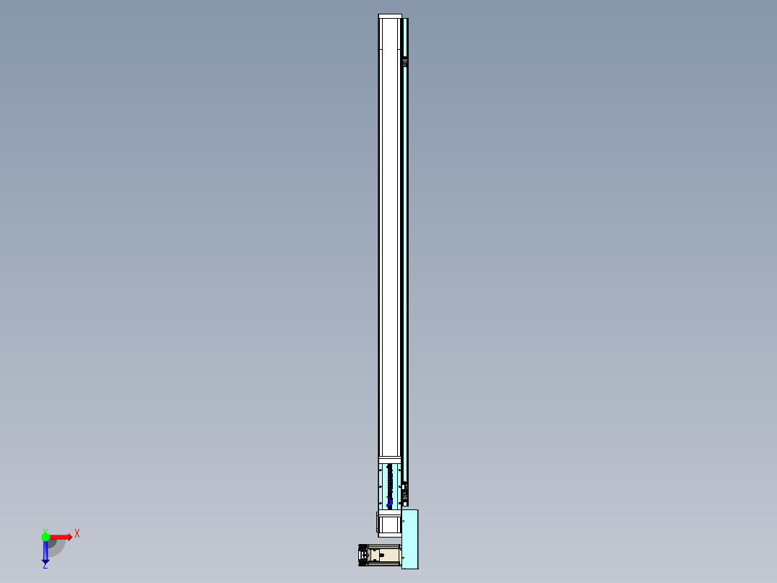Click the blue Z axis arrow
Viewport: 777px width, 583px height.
coord(45,552)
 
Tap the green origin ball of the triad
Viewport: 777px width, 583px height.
coord(45,537)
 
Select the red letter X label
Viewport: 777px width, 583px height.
coord(77,533)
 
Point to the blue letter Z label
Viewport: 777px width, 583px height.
coord(45,566)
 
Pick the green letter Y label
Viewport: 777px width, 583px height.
coord(45,530)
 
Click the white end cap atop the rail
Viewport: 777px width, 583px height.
coord(390,17)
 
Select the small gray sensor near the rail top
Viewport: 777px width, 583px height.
coord(405,62)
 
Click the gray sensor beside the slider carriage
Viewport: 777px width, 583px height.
coord(404,492)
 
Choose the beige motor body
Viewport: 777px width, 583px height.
coord(386,556)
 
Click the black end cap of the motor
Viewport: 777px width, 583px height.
coord(363,556)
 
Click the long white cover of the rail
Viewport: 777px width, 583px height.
coord(390,238)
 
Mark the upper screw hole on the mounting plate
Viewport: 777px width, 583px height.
coord(404,521)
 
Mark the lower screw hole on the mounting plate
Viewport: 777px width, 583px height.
coord(404,558)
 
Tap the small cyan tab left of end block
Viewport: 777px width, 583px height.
coord(377,522)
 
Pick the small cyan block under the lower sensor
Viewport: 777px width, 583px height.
coord(404,504)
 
